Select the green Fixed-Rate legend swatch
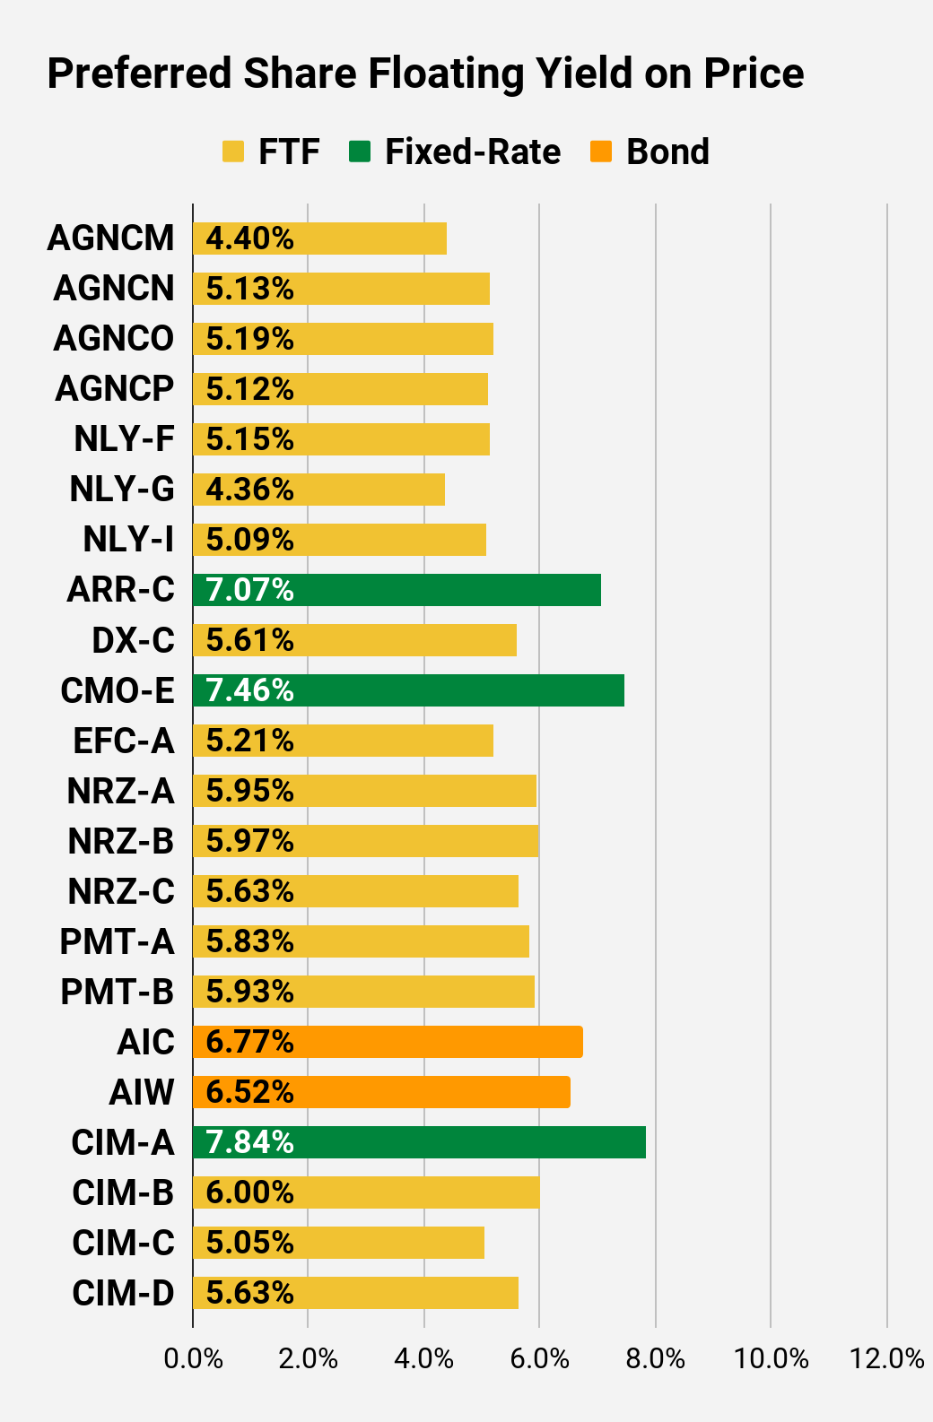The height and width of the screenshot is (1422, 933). (360, 152)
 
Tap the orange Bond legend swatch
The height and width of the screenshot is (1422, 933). (601, 152)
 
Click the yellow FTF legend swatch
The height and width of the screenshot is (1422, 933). (233, 152)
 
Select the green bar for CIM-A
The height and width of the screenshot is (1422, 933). (419, 1142)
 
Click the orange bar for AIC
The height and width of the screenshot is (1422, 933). (388, 1042)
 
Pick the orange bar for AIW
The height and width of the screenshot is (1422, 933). (381, 1092)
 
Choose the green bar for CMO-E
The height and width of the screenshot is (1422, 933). (408, 690)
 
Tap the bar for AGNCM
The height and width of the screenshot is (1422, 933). (319, 238)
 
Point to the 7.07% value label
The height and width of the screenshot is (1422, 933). (249, 590)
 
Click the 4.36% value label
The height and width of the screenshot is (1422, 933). (249, 490)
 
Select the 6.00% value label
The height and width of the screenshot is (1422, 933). (249, 1192)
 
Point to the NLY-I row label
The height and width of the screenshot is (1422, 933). (128, 540)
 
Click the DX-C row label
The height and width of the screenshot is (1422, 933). (133, 640)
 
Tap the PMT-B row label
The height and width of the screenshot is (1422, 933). (117, 992)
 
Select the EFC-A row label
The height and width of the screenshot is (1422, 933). (123, 741)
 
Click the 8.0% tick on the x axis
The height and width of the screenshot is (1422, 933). (656, 1359)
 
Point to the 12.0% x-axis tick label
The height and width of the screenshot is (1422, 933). (886, 1359)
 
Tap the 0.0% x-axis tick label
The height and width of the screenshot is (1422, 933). (193, 1359)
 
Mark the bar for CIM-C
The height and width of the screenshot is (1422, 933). (338, 1243)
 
